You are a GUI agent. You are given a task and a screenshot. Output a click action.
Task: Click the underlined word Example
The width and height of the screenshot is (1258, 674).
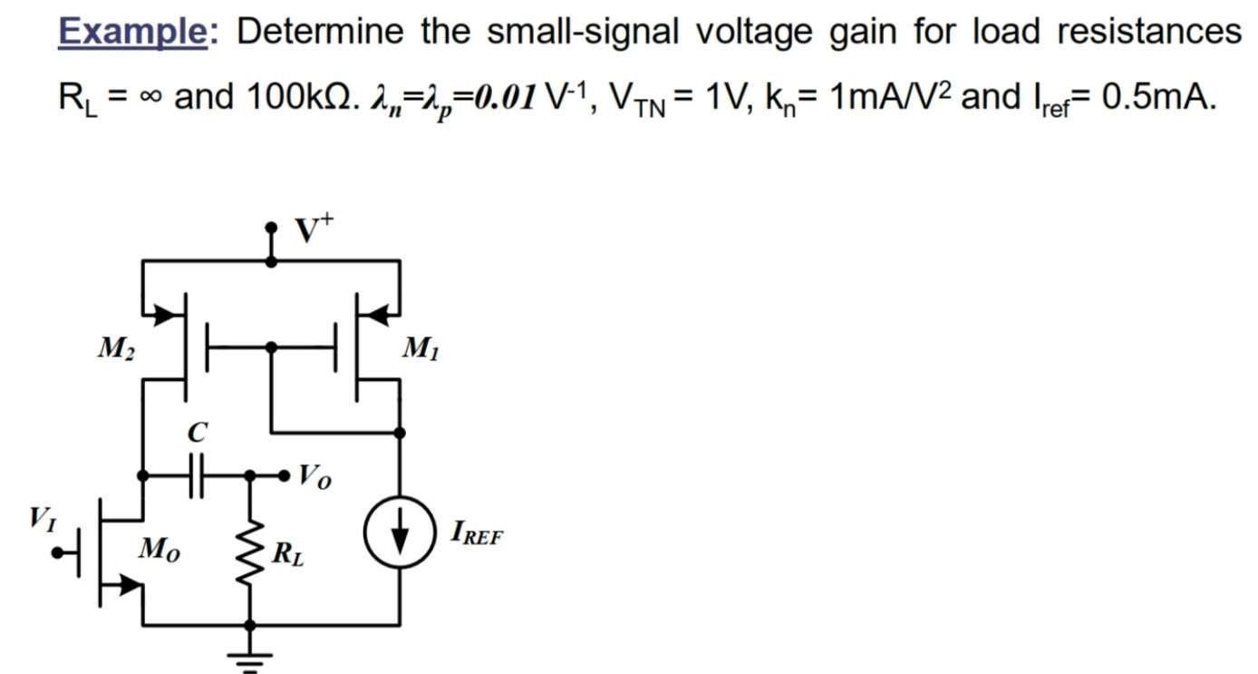(132, 33)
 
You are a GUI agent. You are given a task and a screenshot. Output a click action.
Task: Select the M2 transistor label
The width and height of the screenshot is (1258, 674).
(116, 349)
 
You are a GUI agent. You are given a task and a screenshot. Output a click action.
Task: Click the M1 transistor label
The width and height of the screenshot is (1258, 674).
(422, 347)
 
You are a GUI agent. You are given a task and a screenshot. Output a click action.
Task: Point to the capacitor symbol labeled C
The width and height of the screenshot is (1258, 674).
(197, 474)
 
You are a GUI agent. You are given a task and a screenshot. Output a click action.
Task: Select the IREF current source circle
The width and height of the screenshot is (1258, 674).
(400, 532)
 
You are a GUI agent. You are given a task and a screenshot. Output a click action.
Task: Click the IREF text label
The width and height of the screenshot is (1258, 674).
(477, 533)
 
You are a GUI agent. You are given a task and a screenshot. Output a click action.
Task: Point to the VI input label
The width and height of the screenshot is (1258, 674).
(42, 519)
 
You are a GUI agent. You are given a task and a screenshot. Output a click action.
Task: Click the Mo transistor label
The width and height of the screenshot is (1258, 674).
(159, 550)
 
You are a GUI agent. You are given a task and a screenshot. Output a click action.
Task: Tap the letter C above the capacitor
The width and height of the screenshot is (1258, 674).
(196, 434)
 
